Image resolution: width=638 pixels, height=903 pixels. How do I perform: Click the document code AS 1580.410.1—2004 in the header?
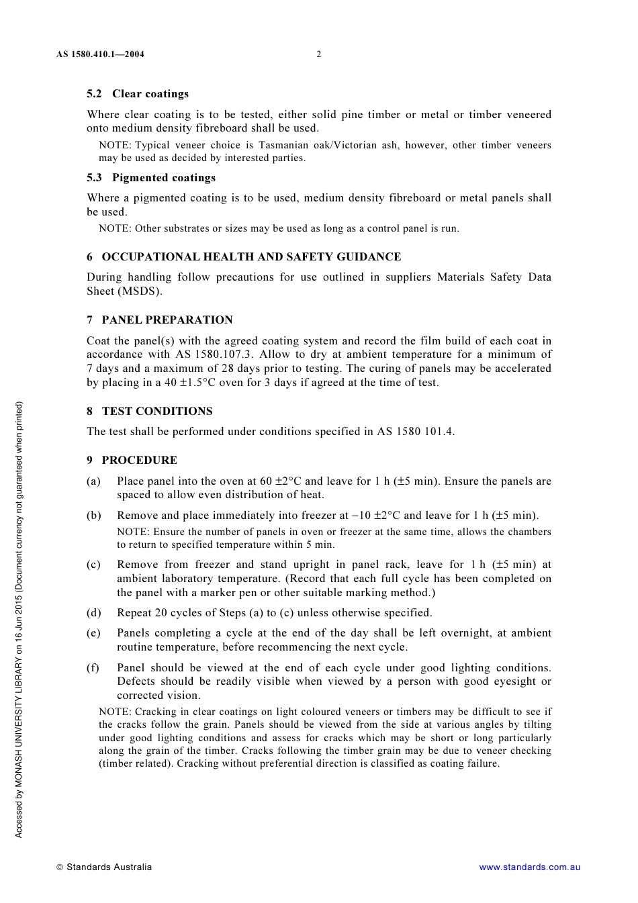click(100, 54)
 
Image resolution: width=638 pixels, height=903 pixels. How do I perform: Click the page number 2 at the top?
click(319, 54)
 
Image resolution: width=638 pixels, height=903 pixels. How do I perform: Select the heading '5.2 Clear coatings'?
click(138, 94)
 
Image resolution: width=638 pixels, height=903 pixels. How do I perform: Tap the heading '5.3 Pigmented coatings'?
click(151, 178)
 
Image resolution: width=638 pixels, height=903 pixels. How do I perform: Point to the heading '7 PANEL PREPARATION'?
click(160, 320)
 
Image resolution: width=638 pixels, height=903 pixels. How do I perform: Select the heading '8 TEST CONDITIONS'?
click(150, 412)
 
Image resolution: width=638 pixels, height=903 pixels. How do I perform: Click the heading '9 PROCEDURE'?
click(132, 461)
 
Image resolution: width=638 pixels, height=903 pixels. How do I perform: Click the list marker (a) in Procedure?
click(93, 481)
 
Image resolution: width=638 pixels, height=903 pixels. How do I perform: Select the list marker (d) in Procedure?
click(94, 613)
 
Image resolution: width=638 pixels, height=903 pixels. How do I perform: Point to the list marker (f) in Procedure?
click(93, 668)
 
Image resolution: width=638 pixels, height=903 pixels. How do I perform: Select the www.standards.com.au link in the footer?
click(529, 867)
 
